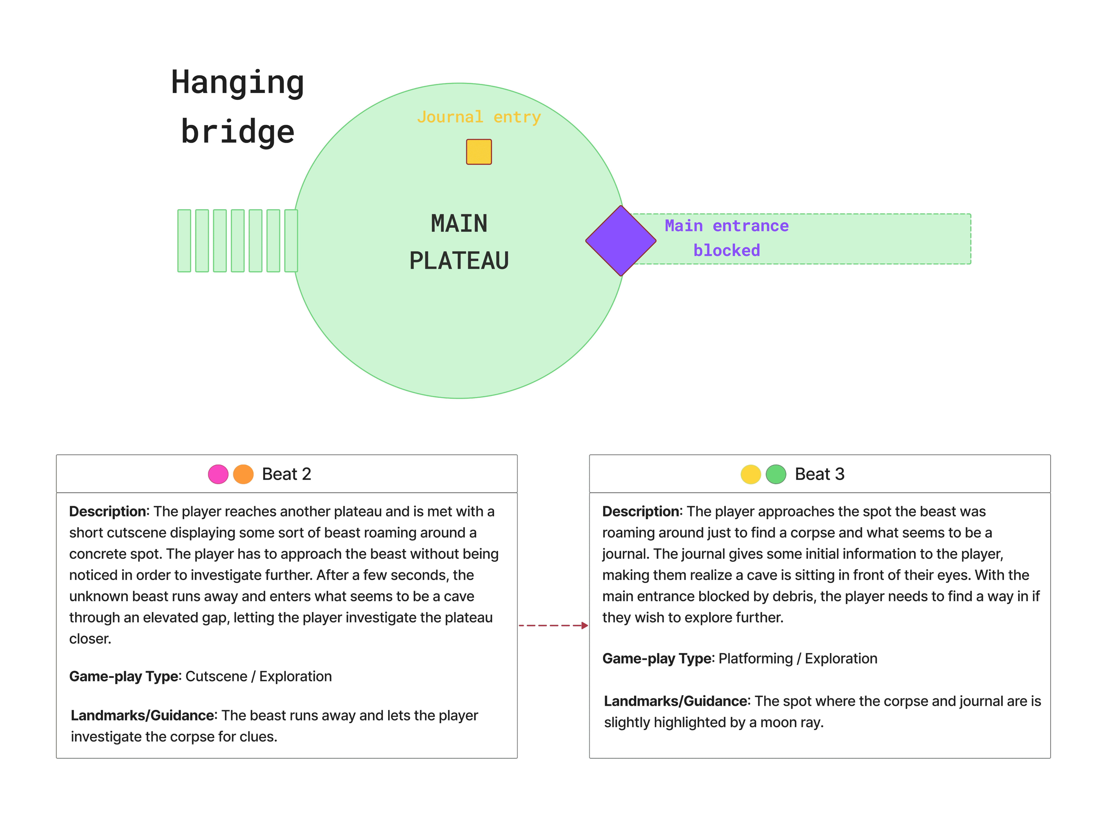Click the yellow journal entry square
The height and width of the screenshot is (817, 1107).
(479, 152)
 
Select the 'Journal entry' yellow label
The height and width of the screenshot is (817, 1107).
(479, 117)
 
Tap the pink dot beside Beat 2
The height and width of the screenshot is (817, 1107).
(218, 474)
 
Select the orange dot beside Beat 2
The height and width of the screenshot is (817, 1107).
(243, 474)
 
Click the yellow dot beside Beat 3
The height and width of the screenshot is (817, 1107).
(750, 474)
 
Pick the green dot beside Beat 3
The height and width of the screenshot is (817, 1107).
(776, 474)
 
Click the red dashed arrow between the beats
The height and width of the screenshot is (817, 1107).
(553, 626)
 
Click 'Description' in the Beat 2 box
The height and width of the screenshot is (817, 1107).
(108, 511)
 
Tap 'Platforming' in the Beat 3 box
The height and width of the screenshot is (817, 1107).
(755, 659)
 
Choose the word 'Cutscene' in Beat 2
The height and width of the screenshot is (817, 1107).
(216, 677)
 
